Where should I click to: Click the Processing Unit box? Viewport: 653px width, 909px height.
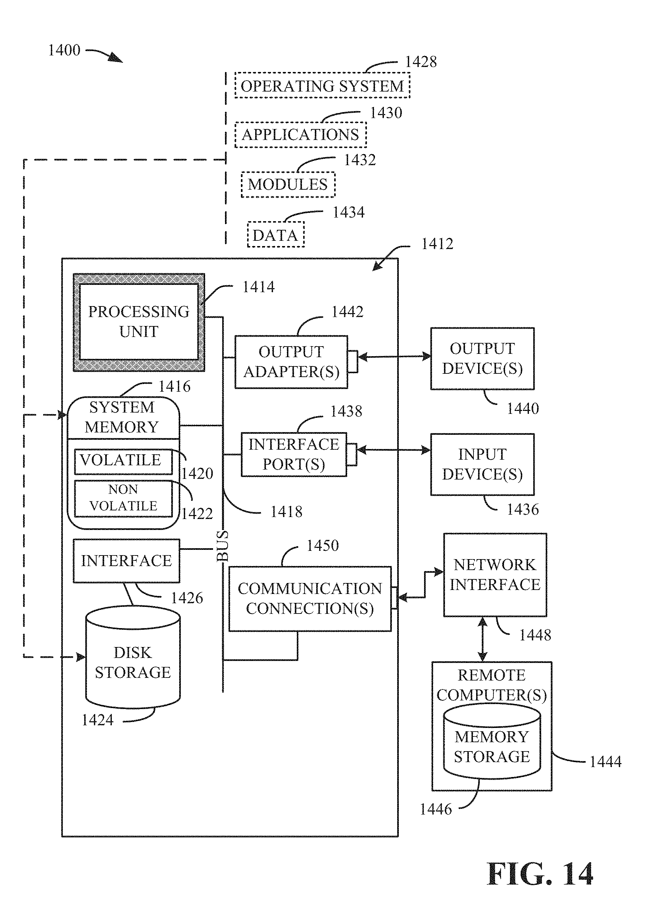point(139,322)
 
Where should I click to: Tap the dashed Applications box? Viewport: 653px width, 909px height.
point(300,135)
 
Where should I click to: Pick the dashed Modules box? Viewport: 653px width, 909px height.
point(288,184)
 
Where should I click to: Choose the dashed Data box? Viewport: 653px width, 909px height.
point(275,235)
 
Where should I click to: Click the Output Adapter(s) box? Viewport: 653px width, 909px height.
point(291,362)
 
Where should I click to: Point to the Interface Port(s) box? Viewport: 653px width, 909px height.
point(294,454)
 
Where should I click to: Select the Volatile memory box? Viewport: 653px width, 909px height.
point(123,461)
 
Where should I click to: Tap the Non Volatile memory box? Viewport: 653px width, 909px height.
point(123,498)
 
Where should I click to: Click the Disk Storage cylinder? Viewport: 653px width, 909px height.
point(133,663)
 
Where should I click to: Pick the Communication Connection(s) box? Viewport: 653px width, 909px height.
point(310,599)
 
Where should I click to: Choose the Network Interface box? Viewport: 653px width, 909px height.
point(495,575)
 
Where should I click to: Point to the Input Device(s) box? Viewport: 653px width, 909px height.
point(482,465)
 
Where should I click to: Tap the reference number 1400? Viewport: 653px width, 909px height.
point(64,50)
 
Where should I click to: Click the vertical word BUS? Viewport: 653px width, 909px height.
point(223,546)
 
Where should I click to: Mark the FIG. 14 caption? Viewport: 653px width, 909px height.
point(540,875)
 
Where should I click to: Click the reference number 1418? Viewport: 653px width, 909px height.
point(286,512)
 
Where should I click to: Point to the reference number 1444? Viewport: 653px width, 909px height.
point(605,761)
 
